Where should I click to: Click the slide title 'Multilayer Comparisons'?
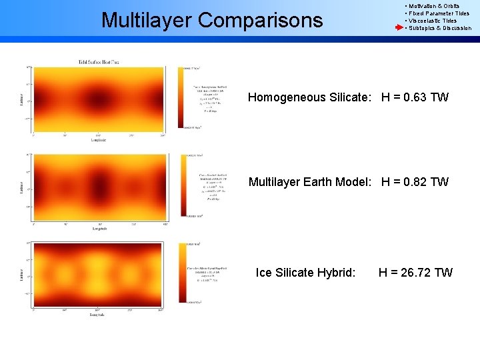pyautogui.click(x=211, y=20)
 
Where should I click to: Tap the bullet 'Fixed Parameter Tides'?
pyautogui.click(x=439, y=13)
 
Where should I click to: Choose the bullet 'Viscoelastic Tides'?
pyautogui.click(x=433, y=21)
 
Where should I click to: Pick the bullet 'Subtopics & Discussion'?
pyautogui.click(x=439, y=28)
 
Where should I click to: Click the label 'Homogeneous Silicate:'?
pyautogui.click(x=309, y=97)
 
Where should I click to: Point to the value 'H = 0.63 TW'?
pyautogui.click(x=415, y=97)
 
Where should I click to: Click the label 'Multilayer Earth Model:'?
pyautogui.click(x=309, y=182)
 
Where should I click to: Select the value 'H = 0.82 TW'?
pyautogui.click(x=415, y=182)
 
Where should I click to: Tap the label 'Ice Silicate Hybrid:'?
pyautogui.click(x=306, y=272)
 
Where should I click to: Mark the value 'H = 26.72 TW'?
pyautogui.click(x=415, y=272)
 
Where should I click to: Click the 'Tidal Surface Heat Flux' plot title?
pyautogui.click(x=99, y=62)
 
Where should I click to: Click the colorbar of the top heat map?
pyautogui.click(x=180, y=97)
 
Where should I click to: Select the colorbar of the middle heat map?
pyautogui.click(x=180, y=185)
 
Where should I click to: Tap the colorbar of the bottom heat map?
pyautogui.click(x=180, y=273)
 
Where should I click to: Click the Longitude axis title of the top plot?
pyautogui.click(x=99, y=140)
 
